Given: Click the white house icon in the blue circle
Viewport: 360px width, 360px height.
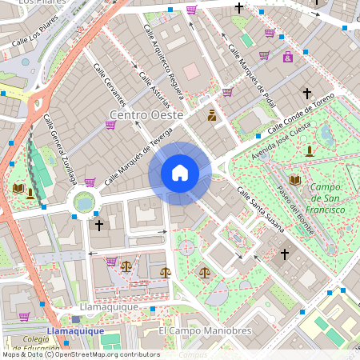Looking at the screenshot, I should click(180, 173).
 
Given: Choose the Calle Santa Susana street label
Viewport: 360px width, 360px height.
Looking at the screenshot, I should click(261, 210).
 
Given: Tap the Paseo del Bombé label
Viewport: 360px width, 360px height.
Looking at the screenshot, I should click(293, 204).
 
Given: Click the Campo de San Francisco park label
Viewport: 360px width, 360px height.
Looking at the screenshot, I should click(327, 198).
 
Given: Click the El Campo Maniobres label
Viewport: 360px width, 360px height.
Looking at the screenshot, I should click(205, 330).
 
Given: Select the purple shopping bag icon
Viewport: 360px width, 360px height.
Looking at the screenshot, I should click(288, 57).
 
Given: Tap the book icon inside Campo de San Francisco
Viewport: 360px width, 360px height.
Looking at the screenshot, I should click(295, 181).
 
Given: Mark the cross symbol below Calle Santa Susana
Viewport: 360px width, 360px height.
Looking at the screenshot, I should click(284, 254).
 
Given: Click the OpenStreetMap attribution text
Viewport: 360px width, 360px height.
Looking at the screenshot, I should click(80, 354).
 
